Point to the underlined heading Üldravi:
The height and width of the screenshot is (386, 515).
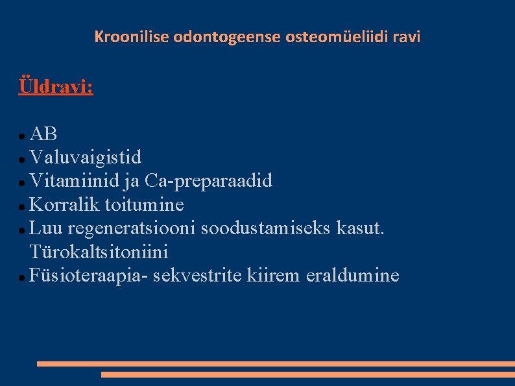pos(56,86)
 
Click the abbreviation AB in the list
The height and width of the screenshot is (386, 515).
pos(43,134)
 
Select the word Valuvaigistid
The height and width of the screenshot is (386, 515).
pos(86,158)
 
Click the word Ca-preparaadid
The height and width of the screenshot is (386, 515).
pos(209,181)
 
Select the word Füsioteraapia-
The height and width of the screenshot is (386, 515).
pos(90,276)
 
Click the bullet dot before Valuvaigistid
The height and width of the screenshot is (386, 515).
pos(22,159)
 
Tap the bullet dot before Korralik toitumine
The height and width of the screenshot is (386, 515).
pos(22,206)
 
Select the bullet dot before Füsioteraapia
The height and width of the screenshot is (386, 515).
pos(22,277)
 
